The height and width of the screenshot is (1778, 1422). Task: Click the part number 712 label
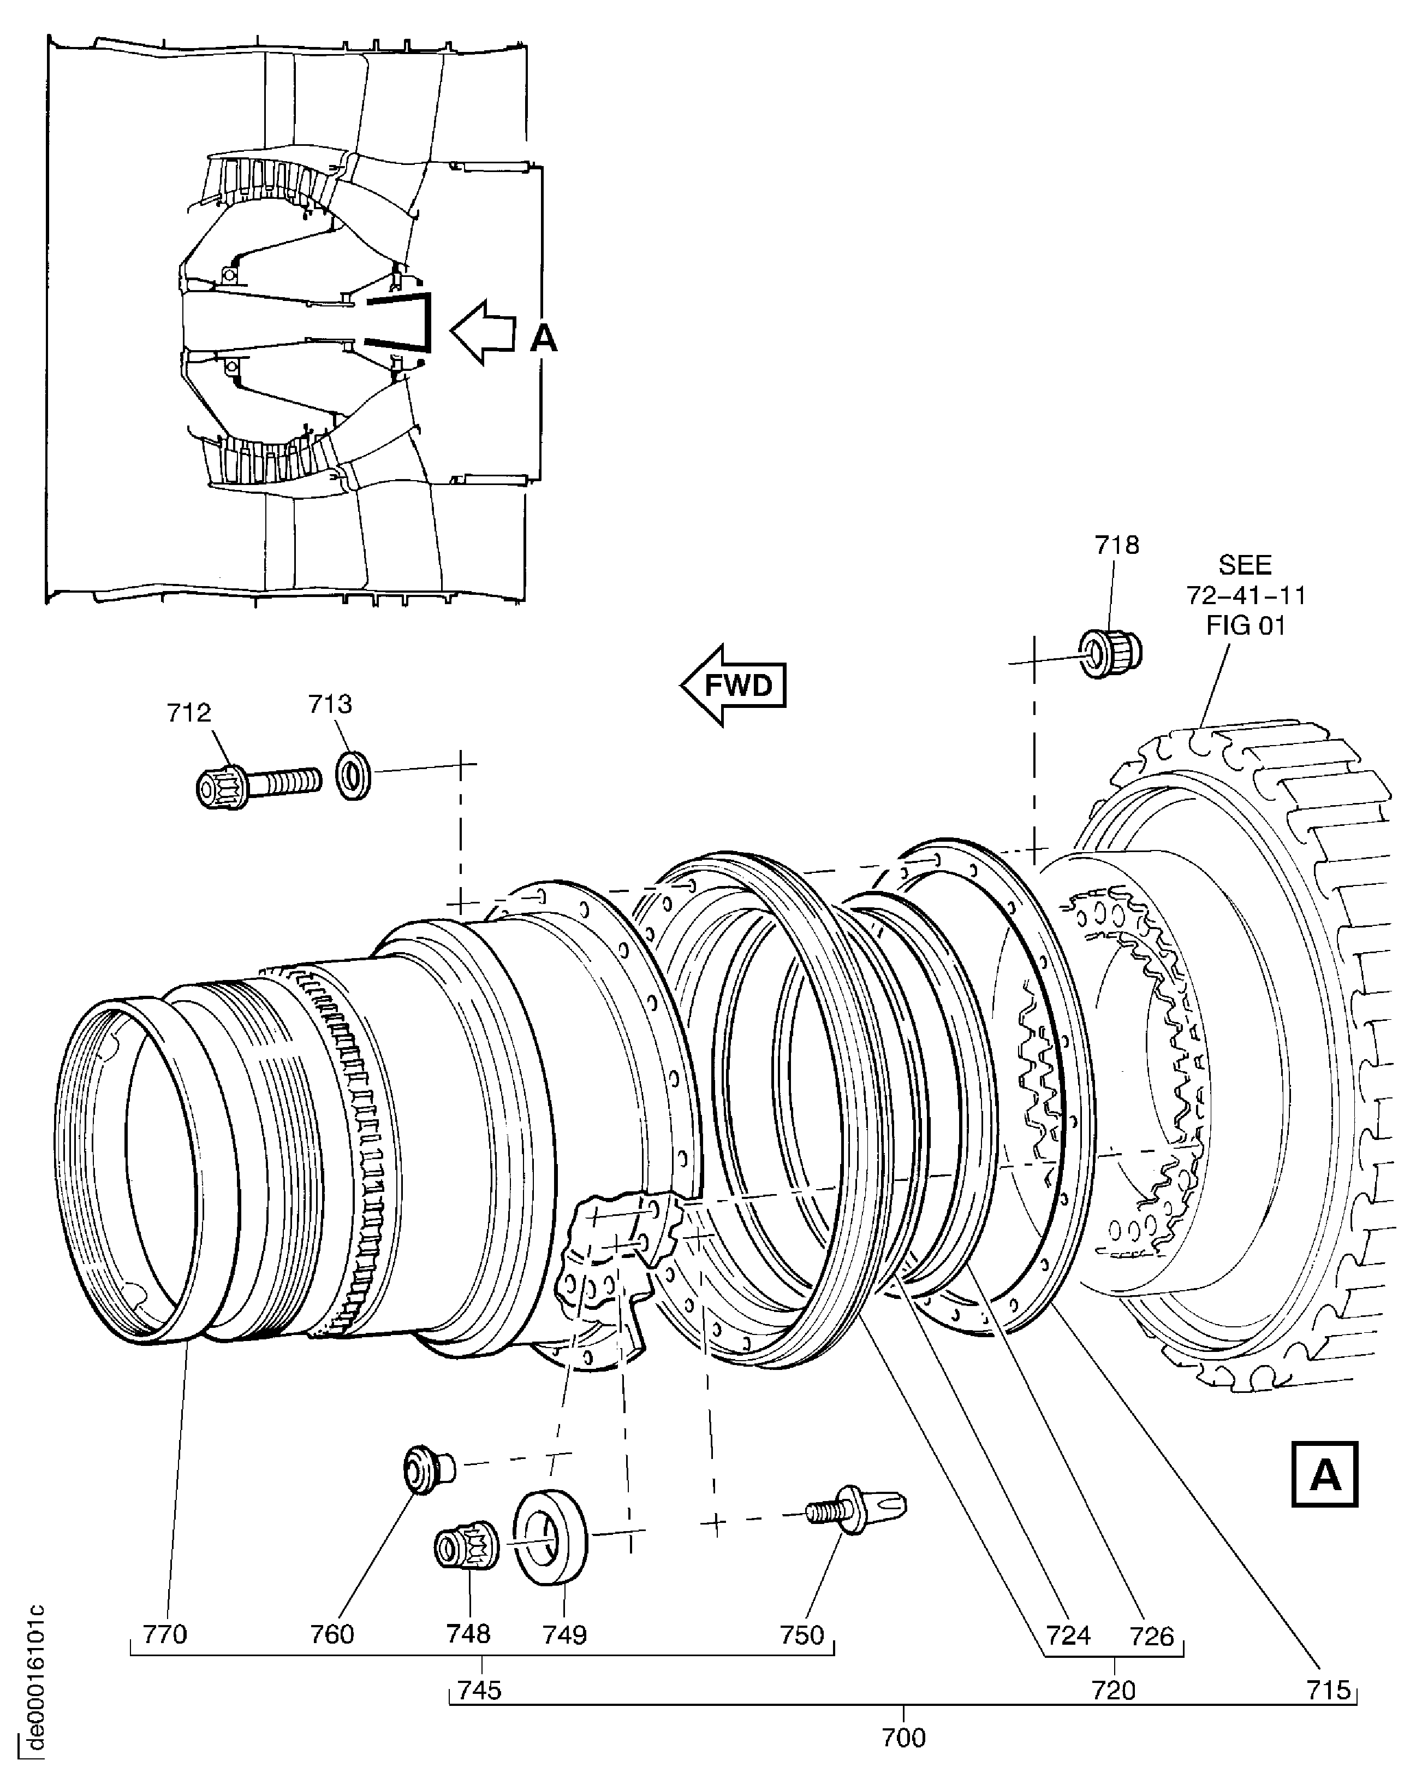point(189,712)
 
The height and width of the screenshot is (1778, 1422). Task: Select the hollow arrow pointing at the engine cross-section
point(482,332)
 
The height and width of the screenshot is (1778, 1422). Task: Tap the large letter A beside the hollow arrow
point(543,338)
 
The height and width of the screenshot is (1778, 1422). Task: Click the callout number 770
point(165,1634)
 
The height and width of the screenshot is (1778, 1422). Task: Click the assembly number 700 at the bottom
point(903,1738)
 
